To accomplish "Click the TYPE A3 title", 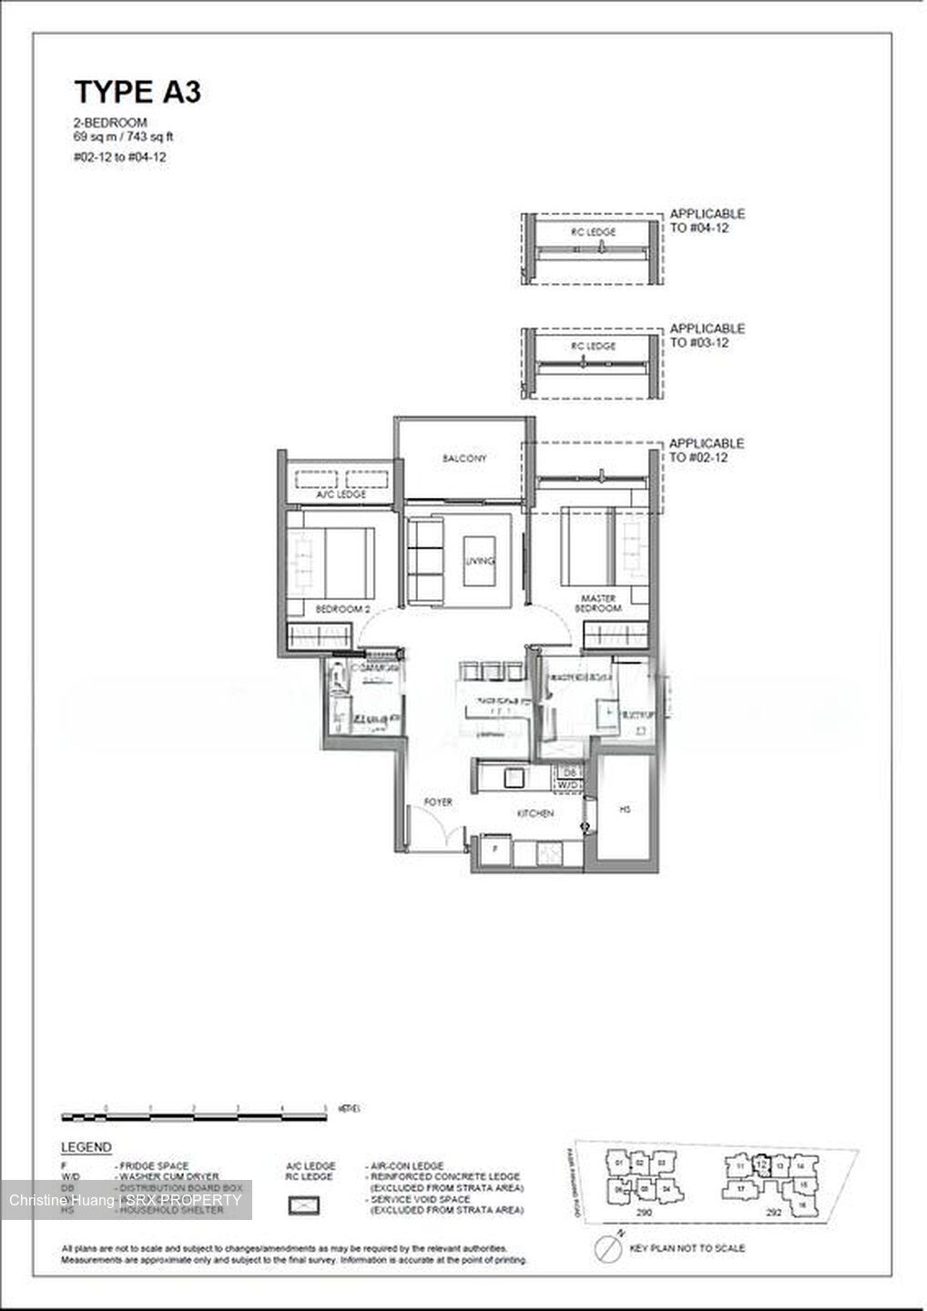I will pos(137,92).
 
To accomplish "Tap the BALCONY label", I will pos(464,458).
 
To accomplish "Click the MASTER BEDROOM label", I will pos(598,604).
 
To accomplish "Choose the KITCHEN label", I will pos(535,813).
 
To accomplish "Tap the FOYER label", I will pos(438,802).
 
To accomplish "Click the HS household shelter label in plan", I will pos(625,808).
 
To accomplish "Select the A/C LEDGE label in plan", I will pos(341,494).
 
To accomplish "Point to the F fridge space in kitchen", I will pos(495,849).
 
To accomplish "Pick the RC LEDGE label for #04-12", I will pos(594,232).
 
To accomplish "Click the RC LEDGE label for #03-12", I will pos(594,347).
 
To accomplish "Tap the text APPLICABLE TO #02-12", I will pos(707,450).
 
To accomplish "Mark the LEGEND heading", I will pos(86,1147).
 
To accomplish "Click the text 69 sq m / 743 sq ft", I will pos(123,137).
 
